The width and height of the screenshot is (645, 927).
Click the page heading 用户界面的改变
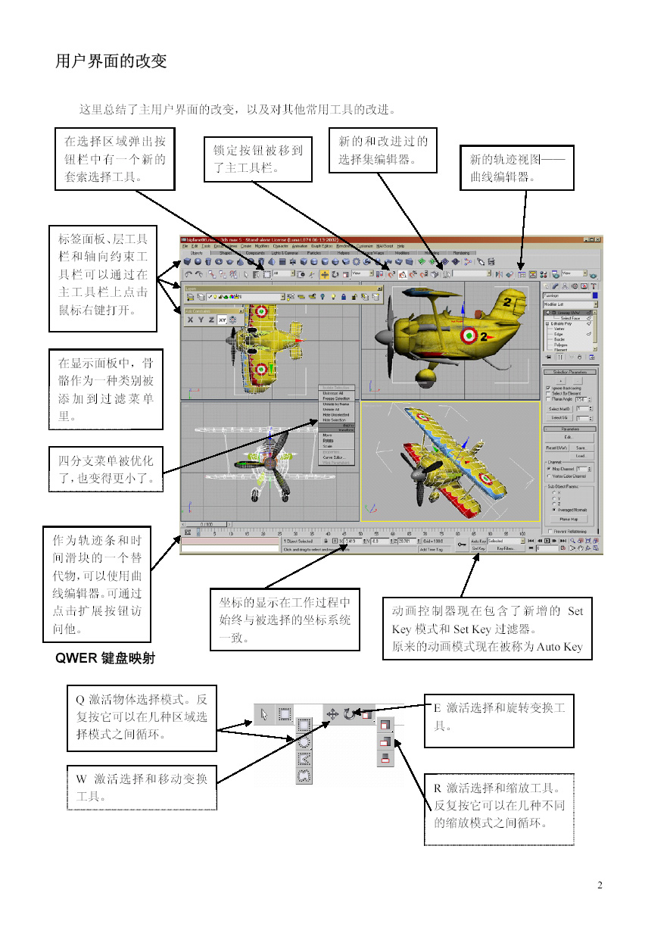(111, 61)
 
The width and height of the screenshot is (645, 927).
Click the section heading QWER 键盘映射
(105, 658)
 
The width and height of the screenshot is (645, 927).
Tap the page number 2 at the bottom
(600, 885)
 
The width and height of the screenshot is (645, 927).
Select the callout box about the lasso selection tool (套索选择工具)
(115, 159)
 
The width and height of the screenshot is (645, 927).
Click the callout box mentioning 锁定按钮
(257, 159)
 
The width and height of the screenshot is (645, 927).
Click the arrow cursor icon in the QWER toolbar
(264, 714)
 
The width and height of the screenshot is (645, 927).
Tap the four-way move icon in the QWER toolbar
(332, 714)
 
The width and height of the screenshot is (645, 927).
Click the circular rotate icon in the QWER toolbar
(349, 714)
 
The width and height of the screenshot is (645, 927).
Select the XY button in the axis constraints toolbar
(222, 320)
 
